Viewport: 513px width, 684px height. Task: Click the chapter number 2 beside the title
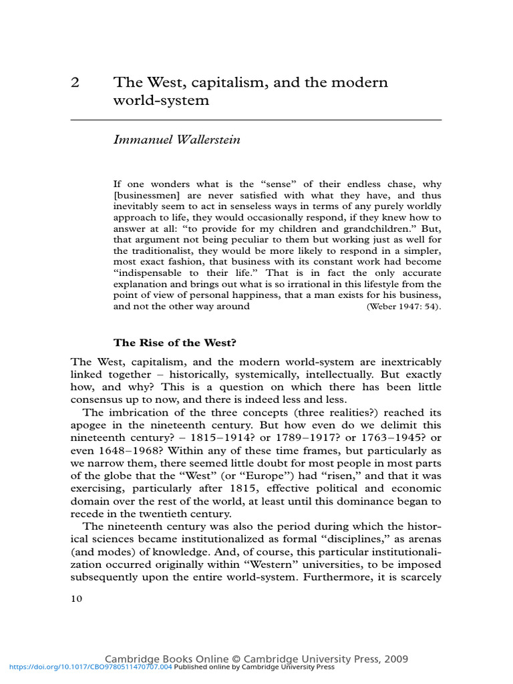(x=75, y=83)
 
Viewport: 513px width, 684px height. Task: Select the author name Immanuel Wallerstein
(x=177, y=140)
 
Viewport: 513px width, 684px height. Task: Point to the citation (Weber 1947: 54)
(x=403, y=307)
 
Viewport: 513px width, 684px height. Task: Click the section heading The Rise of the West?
(x=175, y=343)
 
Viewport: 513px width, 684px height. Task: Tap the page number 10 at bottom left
(x=76, y=598)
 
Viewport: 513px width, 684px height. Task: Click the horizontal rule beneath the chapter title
(x=256, y=120)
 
